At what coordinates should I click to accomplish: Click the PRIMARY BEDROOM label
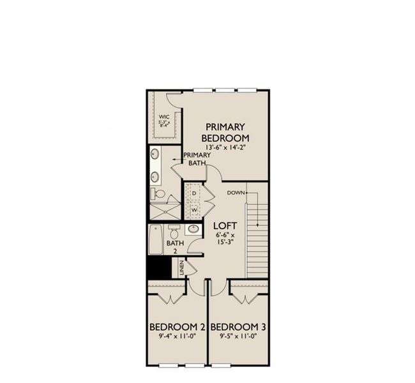225,132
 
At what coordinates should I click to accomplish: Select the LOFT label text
226,225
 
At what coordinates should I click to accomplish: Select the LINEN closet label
183,268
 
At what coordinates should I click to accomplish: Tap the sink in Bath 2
192,230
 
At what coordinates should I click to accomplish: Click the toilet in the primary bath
158,193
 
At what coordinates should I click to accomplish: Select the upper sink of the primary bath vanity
155,154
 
